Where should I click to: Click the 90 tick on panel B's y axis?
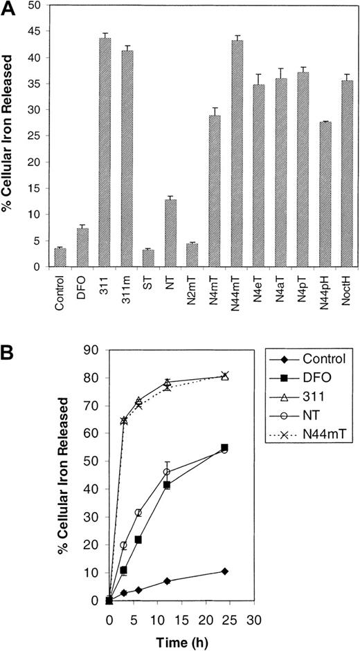[91, 349]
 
